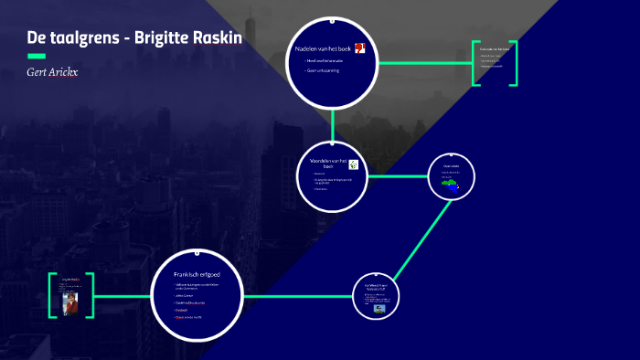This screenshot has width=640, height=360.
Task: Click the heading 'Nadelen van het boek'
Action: point(323,48)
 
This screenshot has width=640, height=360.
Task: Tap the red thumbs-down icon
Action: point(360,48)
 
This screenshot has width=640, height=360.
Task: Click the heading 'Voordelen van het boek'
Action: point(323,164)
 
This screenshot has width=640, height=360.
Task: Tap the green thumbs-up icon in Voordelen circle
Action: point(353,165)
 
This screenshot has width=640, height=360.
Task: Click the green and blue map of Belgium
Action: point(450,183)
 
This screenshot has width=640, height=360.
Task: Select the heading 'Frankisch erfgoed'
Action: point(197,274)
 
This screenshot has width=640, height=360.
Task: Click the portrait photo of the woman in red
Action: point(71,302)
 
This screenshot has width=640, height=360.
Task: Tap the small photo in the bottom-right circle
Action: point(379,308)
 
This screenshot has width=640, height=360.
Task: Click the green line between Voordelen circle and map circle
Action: point(398,175)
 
